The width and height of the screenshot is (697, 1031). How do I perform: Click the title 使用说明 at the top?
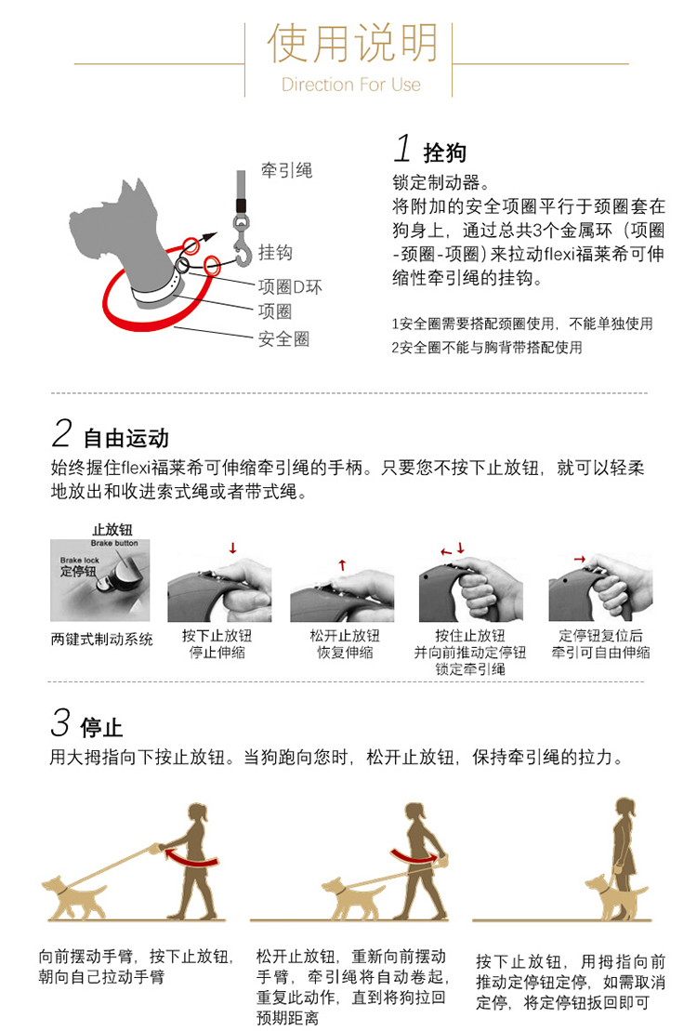(352, 43)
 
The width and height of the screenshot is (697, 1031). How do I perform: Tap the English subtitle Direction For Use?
(351, 85)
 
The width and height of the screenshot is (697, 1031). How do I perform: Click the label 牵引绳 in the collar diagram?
(286, 170)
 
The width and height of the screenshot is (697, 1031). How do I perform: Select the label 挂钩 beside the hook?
(275, 253)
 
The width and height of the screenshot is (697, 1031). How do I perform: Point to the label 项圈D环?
(290, 286)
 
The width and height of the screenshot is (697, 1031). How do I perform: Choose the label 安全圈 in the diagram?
(283, 339)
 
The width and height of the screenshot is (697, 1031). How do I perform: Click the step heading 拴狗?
(445, 152)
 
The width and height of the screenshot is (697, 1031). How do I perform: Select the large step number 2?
(62, 433)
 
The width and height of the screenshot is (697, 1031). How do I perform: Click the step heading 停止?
(101, 728)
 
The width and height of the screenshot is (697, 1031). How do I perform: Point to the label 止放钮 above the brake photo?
(112, 529)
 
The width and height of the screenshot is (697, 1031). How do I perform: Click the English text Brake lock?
(80, 561)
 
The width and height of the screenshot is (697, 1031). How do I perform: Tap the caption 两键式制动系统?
(102, 639)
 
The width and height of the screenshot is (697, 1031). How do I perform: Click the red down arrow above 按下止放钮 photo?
(232, 548)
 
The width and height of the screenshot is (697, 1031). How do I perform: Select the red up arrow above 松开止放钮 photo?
(342, 564)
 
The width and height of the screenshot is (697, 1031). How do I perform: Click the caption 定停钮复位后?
(600, 635)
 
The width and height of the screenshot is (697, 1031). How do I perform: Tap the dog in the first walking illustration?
(72, 897)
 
